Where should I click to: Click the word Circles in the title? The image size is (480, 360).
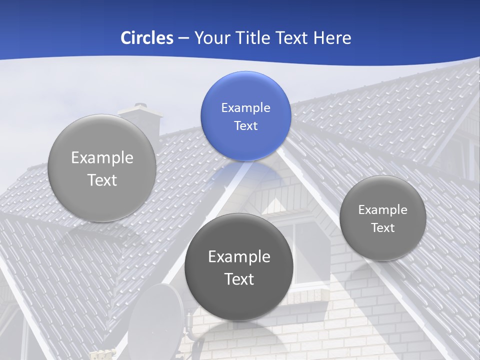(147, 38)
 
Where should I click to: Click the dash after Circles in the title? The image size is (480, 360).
(183, 38)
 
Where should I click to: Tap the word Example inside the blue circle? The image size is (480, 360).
(245, 107)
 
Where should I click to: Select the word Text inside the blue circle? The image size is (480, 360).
(245, 125)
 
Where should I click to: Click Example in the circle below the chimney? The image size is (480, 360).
(102, 157)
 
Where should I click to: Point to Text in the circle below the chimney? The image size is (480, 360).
(102, 180)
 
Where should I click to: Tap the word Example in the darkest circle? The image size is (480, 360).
(239, 256)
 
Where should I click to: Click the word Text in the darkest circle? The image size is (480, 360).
(239, 279)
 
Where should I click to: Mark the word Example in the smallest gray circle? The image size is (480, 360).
(382, 209)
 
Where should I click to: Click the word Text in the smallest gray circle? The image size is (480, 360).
(382, 227)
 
